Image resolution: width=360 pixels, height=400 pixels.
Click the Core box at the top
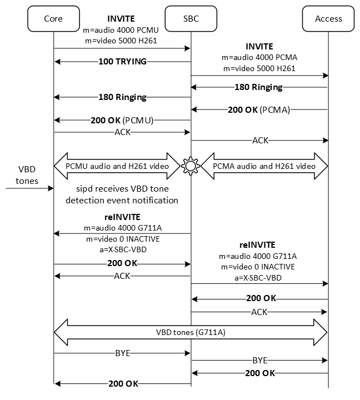[53, 18]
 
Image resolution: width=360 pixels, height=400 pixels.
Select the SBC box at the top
[191, 18]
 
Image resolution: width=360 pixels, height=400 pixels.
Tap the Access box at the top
[328, 18]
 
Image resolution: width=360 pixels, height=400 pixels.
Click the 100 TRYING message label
[122, 61]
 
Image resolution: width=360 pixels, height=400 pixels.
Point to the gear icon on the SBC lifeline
[191, 166]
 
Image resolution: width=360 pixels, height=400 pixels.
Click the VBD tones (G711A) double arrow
[191, 333]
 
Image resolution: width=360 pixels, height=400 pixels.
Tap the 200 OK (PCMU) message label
[122, 119]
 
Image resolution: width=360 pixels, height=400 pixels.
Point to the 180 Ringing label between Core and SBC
[122, 97]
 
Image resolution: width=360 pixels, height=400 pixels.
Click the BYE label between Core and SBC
[122, 352]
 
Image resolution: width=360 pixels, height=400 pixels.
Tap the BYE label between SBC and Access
[259, 360]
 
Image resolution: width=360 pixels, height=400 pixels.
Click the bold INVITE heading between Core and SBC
[122, 19]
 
